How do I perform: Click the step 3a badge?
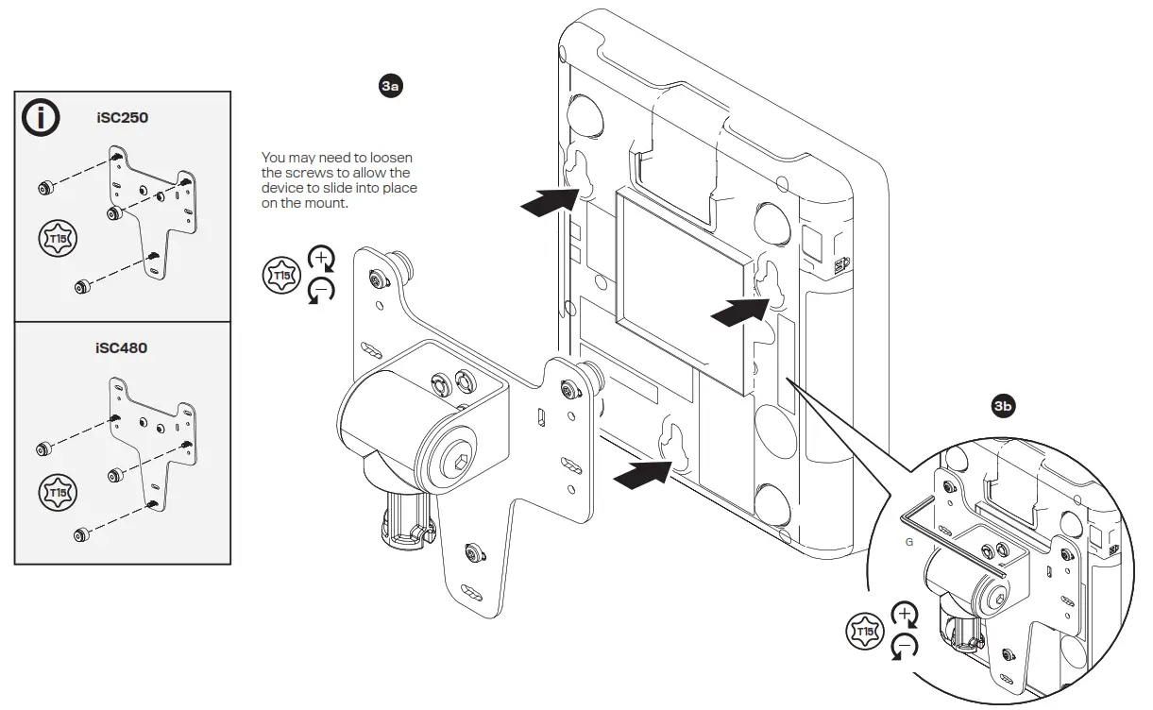(x=390, y=87)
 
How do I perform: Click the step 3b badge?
(x=1003, y=407)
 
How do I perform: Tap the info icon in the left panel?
(x=41, y=118)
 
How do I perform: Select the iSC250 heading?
(x=122, y=120)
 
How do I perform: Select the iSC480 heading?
(x=122, y=347)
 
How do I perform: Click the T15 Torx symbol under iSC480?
(x=58, y=492)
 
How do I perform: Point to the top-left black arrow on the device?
(x=551, y=201)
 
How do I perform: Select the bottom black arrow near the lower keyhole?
(x=643, y=473)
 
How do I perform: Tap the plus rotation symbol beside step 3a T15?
(x=323, y=258)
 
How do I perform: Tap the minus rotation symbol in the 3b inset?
(x=905, y=647)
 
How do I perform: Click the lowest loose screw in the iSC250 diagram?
(x=82, y=285)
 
